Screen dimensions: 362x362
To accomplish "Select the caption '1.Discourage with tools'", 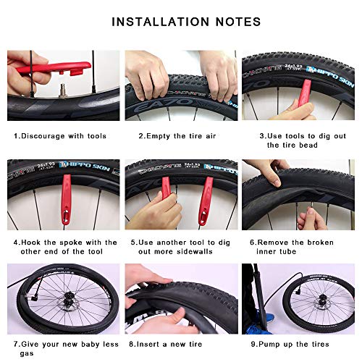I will pos(59,135).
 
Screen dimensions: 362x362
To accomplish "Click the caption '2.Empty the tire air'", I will pos(177,135).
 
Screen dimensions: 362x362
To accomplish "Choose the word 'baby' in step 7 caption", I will pos(75,344).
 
